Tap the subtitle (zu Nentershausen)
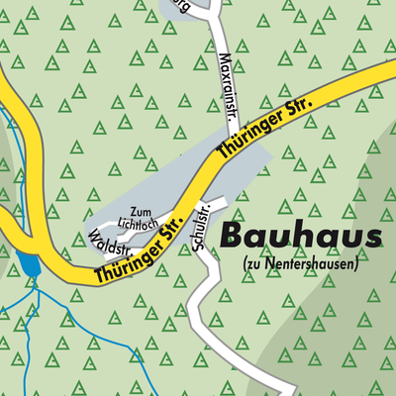(x=299, y=263)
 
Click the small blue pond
(x=27, y=265)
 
